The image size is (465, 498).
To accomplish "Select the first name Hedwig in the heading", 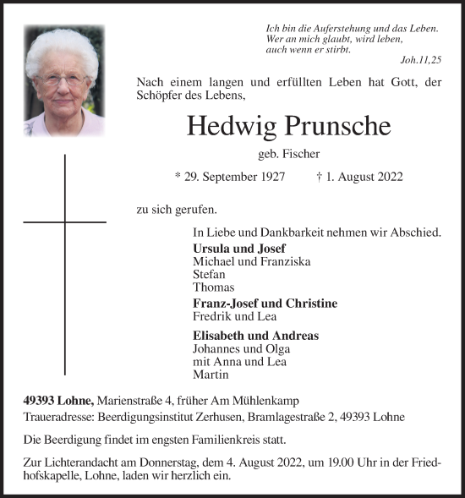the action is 227,126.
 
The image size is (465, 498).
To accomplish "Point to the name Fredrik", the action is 212,316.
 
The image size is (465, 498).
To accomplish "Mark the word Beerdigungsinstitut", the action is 127,417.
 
